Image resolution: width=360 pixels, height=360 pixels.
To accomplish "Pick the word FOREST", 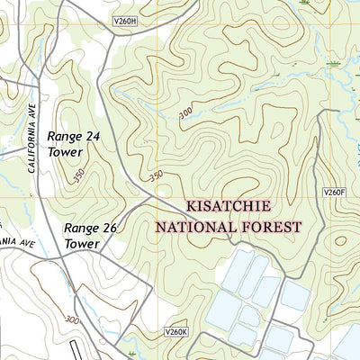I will coord(266,228).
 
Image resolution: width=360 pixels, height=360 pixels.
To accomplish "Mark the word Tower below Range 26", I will coord(82,244).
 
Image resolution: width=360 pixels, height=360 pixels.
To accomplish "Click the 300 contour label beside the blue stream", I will coord(184,112).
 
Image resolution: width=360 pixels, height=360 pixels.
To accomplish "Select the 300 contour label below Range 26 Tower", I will coord(72,319).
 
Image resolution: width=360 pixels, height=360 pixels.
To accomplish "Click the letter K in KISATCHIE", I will coord(190,206).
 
